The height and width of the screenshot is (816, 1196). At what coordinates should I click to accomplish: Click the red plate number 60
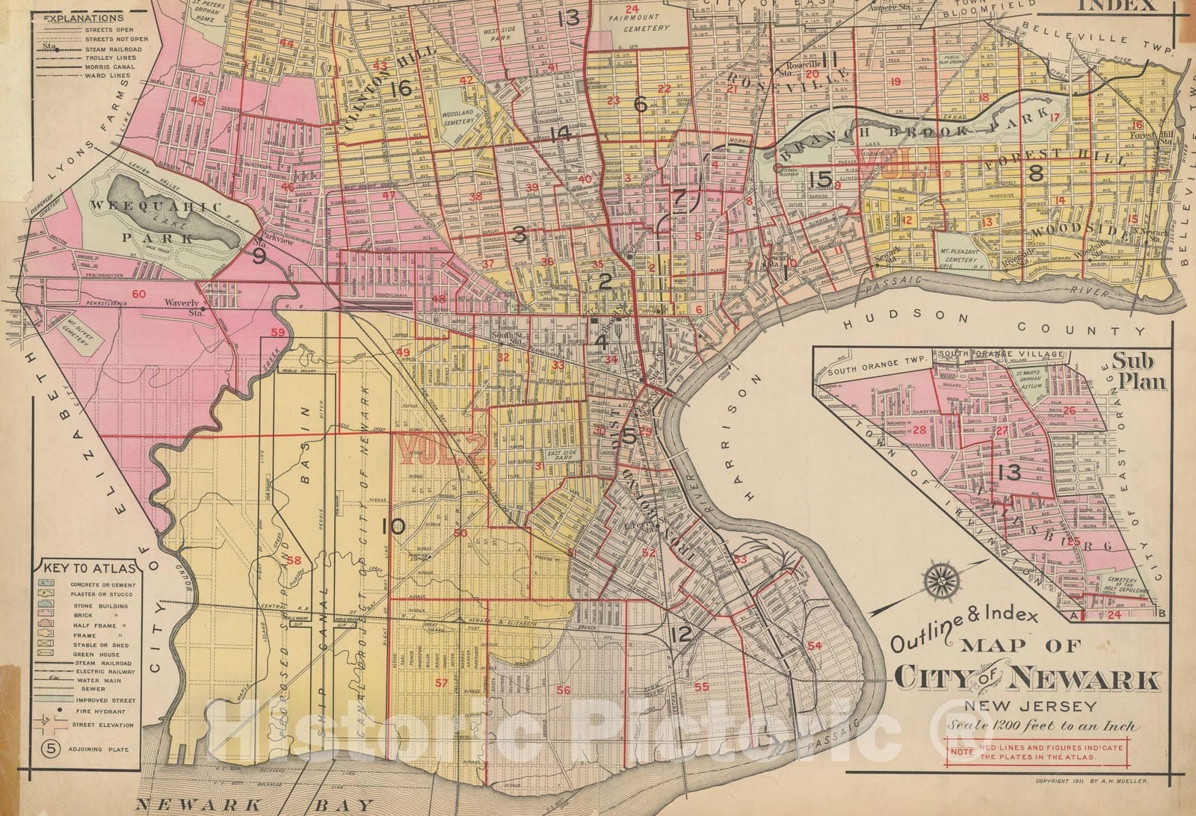138,294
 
